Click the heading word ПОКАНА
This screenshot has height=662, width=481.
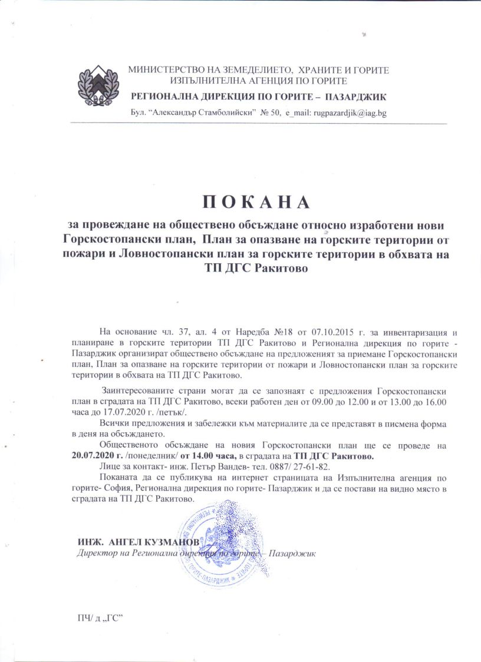pyautogui.click(x=256, y=201)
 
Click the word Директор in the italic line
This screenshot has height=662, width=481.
pyautogui.click(x=98, y=553)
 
